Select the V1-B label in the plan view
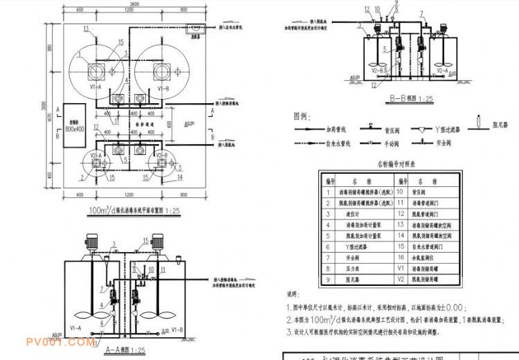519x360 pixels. [x=163, y=89]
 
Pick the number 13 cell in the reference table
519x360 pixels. [x=400, y=224]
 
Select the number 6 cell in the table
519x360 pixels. [x=327, y=244]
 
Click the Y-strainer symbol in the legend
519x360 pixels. [x=426, y=129]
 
